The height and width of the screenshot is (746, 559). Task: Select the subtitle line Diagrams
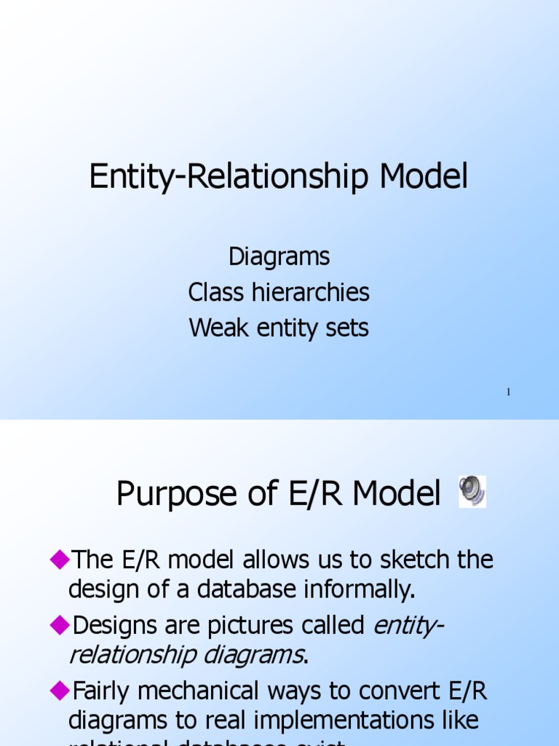pyautogui.click(x=279, y=256)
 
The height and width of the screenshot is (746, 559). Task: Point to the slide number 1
pyautogui.click(x=508, y=393)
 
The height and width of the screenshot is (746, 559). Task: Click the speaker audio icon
pyautogui.click(x=472, y=492)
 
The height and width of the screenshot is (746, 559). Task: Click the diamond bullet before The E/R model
pyautogui.click(x=58, y=559)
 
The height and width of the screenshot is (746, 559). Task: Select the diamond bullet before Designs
pyautogui.click(x=58, y=624)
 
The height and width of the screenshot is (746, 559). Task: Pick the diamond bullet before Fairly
pyautogui.click(x=58, y=690)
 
